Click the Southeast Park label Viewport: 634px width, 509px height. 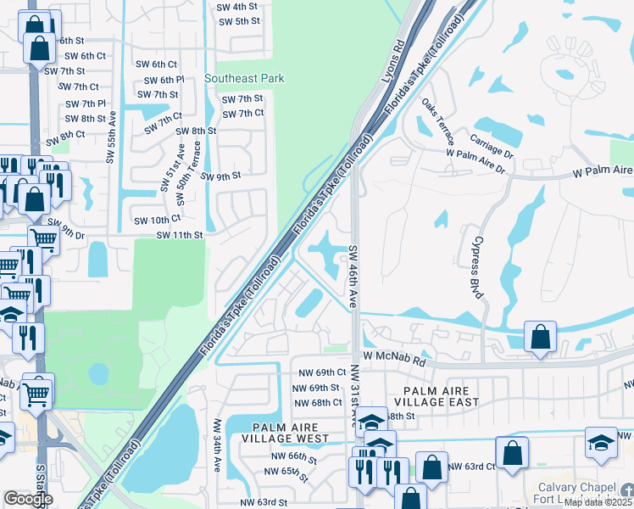click(x=244, y=78)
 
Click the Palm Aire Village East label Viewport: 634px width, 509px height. click(x=442, y=394)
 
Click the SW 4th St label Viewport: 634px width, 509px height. click(x=237, y=5)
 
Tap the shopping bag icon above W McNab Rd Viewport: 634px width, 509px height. click(x=540, y=337)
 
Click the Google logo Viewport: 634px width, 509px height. click(x=28, y=499)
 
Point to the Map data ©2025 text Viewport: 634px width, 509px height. click(x=597, y=502)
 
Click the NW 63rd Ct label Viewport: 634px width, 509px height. click(x=471, y=467)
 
